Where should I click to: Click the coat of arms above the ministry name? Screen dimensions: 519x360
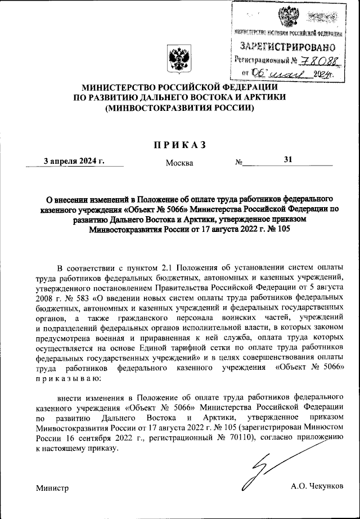pos(179,59)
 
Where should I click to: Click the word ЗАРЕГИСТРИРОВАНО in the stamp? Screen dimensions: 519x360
pos(288,46)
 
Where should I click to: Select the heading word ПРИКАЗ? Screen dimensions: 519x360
pos(179,145)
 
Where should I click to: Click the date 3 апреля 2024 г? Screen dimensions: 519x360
pos(75,160)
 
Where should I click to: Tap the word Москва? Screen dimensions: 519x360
pos(179,163)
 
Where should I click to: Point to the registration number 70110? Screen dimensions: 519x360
pos(242,439)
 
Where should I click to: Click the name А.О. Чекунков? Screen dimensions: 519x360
pos(317,486)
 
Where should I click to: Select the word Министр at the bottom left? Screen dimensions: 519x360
pos(52,487)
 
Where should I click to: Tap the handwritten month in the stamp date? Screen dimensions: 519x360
pos(289,73)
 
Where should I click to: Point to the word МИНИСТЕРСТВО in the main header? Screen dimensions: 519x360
pos(119,88)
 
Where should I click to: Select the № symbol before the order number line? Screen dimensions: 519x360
pos(239,163)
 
